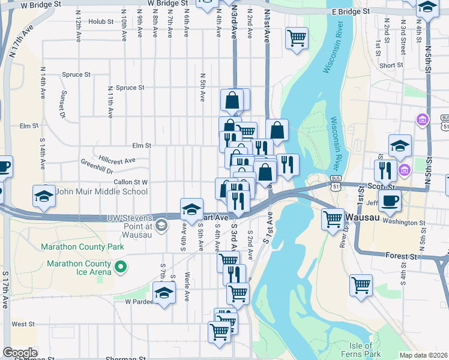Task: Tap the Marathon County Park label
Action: coord(82,247)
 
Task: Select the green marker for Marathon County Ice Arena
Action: coord(121,266)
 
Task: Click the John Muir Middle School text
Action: coord(101,191)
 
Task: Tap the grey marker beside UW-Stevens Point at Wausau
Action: coord(160,226)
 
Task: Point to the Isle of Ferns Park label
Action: coord(365,350)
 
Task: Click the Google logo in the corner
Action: coord(20,353)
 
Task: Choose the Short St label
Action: coord(391,65)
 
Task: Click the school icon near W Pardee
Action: coord(163,293)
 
